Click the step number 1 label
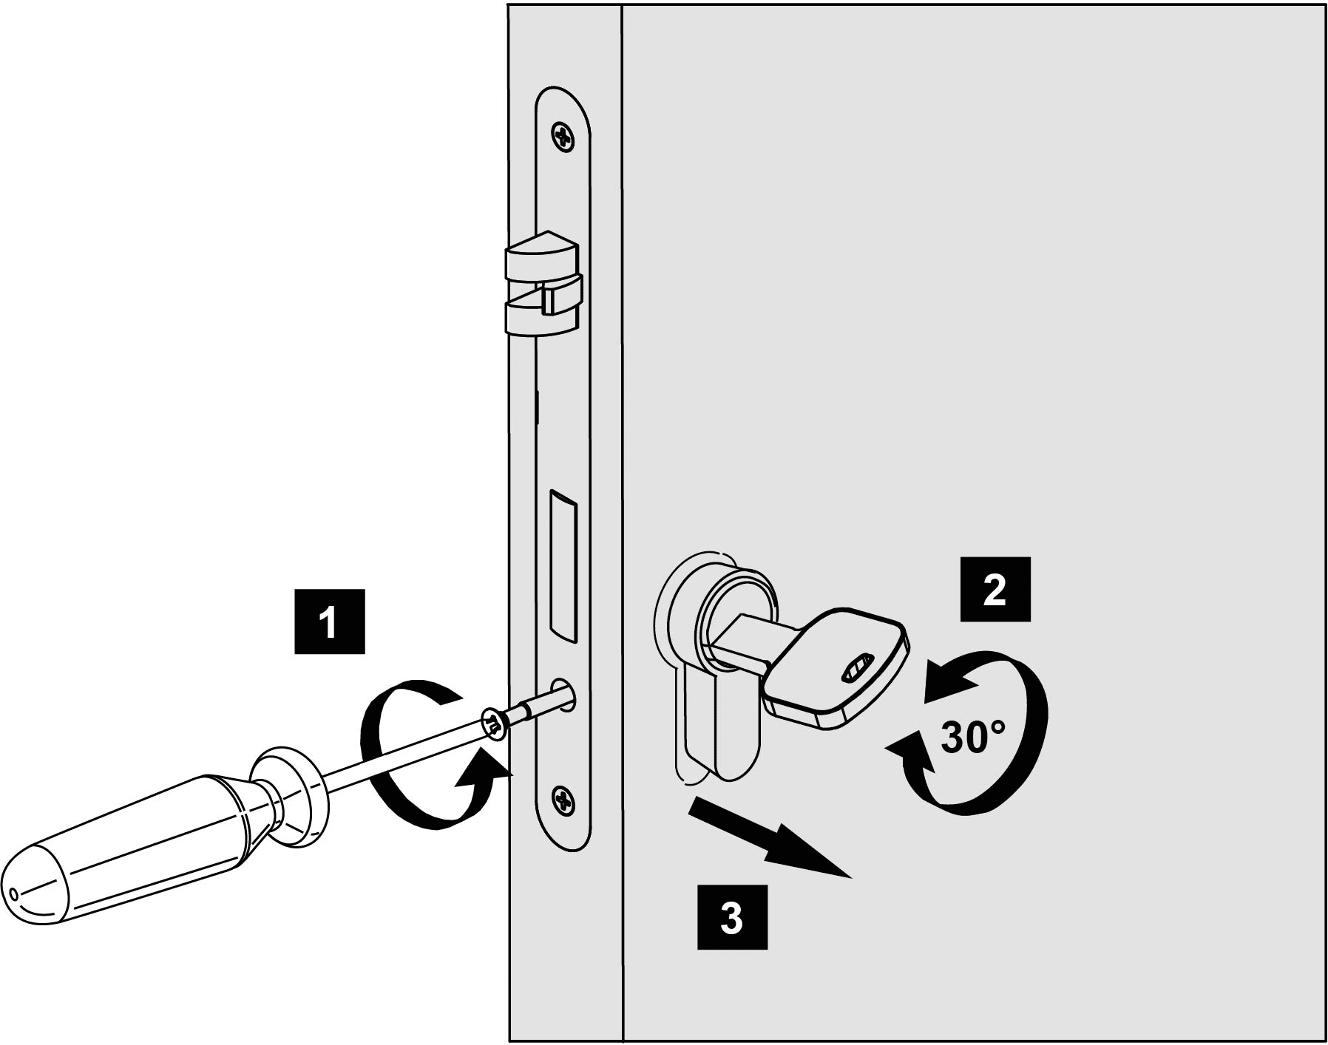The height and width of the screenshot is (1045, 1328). [329, 622]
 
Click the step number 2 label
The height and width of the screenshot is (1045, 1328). [995, 589]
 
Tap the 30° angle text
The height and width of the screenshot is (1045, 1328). [972, 736]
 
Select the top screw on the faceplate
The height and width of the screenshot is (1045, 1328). [563, 136]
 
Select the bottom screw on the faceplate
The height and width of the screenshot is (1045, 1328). [563, 800]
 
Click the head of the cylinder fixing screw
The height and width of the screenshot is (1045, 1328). [493, 724]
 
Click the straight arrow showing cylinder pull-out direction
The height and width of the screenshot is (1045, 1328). [769, 840]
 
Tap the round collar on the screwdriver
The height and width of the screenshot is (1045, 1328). [289, 794]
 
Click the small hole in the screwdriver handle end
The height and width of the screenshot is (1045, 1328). [13, 894]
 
